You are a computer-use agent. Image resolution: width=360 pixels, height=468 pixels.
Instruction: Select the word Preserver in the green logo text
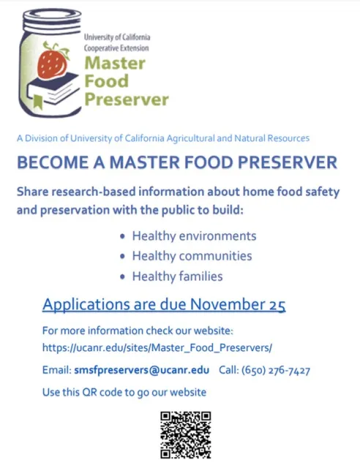coord(127,99)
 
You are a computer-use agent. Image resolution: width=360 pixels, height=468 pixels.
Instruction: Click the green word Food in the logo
coord(106,80)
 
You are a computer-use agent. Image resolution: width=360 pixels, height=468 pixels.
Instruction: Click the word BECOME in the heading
coord(48,162)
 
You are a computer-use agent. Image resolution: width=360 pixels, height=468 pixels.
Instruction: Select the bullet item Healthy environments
coord(194,236)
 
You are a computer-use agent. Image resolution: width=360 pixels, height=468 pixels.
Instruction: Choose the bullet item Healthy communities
coord(192,256)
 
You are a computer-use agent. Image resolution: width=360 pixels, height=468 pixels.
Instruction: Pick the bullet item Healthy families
coord(177,276)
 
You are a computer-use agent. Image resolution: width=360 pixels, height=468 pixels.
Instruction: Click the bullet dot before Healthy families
coord(122,277)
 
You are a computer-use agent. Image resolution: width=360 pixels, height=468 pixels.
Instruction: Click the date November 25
coord(242,303)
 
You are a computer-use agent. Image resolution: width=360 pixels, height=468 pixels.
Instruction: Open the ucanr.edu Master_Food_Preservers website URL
coord(157,347)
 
